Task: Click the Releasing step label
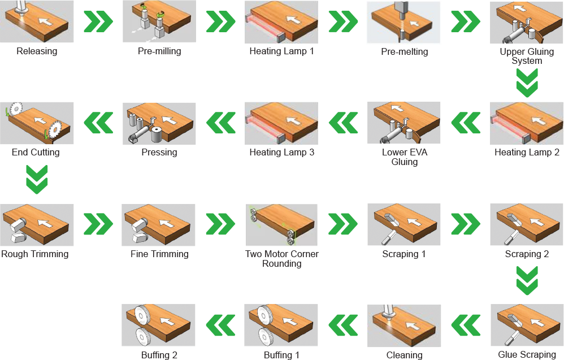[37, 51]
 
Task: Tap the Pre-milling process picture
[159, 21]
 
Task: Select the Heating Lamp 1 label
[281, 51]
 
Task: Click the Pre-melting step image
[404, 22]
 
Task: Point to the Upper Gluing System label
[527, 56]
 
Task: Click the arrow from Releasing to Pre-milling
[98, 21]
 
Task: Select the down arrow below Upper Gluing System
[527, 83]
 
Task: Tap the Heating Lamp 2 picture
[527, 123]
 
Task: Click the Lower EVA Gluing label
[404, 157]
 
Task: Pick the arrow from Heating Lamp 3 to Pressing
[221, 123]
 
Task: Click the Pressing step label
[159, 153]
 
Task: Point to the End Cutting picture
[37, 123]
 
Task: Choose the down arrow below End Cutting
[37, 180]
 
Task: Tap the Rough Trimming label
[35, 254]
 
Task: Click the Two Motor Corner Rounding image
[281, 225]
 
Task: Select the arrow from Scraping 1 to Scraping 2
[466, 224]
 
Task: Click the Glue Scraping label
[527, 354]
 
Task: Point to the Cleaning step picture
[404, 326]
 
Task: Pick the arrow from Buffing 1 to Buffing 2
[220, 325]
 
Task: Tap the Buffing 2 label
[159, 355]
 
